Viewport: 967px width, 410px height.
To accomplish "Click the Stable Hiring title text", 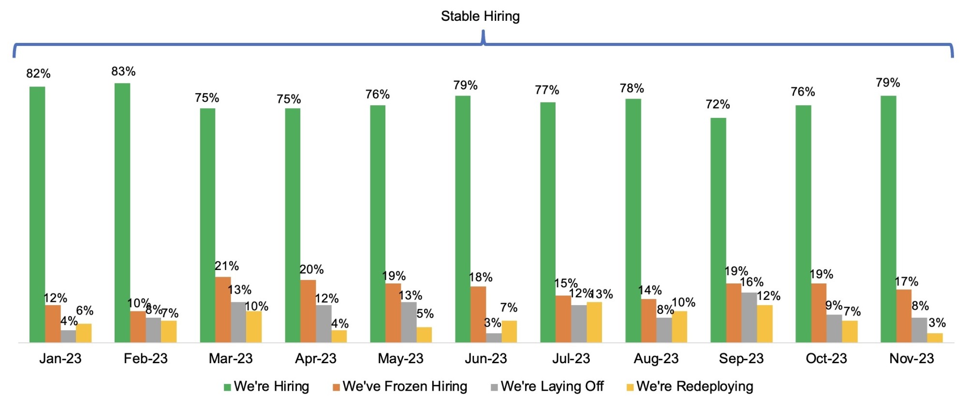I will click(x=480, y=16).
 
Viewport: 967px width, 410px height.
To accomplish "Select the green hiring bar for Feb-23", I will click(x=122, y=212).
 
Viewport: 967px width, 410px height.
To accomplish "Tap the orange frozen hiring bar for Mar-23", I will click(x=223, y=310).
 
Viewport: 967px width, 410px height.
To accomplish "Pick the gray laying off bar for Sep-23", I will click(x=749, y=317).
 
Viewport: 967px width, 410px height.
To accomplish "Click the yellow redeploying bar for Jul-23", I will click(x=594, y=322).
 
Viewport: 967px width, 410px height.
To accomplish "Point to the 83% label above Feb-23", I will click(x=123, y=71).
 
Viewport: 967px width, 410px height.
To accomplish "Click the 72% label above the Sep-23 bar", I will click(x=718, y=104).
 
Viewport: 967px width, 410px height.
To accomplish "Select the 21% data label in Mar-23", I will click(x=226, y=266).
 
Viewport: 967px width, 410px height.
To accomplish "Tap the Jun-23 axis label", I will click(x=485, y=358).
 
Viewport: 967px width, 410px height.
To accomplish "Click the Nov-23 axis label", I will click(x=911, y=358).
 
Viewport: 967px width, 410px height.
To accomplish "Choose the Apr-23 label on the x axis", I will click(x=315, y=358).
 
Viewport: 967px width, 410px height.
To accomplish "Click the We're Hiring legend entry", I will click(x=266, y=386).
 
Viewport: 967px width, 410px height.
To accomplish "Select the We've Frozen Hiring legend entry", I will click(x=400, y=386).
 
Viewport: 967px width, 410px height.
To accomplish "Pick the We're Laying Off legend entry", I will click(x=547, y=386).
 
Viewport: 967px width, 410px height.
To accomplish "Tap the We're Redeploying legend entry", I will click(x=690, y=386).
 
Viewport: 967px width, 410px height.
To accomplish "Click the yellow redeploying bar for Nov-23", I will click(x=935, y=338).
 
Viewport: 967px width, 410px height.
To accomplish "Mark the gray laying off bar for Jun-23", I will click(x=494, y=338).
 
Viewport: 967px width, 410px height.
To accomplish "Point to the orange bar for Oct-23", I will click(x=819, y=313).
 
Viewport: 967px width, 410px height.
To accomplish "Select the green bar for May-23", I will click(x=378, y=224).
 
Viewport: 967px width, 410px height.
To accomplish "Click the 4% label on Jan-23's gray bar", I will click(x=69, y=321).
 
